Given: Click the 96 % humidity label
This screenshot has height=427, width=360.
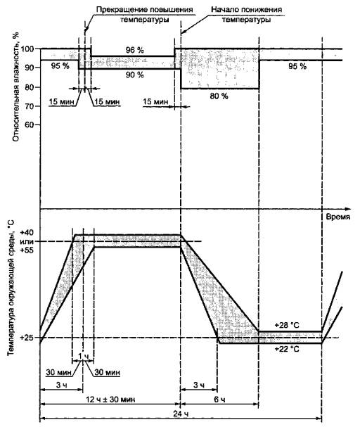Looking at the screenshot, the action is [x=135, y=50].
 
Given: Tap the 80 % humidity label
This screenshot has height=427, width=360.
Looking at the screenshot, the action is [x=219, y=96].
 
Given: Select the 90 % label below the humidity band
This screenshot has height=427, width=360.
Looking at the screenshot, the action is [x=135, y=75].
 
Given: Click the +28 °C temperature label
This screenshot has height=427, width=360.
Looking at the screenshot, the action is [x=287, y=325].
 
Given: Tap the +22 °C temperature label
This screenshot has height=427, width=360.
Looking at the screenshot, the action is [x=287, y=349].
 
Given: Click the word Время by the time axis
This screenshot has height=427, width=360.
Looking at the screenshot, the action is [x=338, y=217].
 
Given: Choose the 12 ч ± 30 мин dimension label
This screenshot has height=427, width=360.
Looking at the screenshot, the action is [x=110, y=400].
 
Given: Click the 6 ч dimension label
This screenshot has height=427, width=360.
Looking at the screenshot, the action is [x=219, y=400].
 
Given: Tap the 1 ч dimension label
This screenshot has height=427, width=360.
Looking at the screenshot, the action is [x=83, y=356].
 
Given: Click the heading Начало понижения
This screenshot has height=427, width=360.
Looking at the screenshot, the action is [x=247, y=10].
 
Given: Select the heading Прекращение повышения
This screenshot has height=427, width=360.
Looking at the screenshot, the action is [x=144, y=10].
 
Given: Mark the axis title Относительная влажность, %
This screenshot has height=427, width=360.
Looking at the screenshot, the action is [x=16, y=87].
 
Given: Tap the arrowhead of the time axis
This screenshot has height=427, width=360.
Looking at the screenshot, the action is [x=347, y=209].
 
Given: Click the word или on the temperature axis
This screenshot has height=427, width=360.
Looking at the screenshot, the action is [x=27, y=241].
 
